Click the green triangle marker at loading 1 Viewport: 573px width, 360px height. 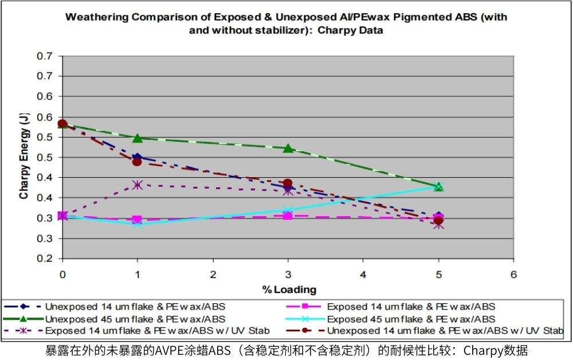[138, 138]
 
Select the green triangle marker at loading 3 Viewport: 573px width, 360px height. [288, 148]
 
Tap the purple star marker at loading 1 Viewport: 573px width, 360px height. [138, 185]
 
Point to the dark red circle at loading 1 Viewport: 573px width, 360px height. [138, 162]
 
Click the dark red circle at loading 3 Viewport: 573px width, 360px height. [288, 183]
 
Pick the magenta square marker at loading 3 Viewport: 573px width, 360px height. [288, 216]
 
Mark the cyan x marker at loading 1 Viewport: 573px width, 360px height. [138, 224]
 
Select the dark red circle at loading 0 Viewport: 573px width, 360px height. [62, 124]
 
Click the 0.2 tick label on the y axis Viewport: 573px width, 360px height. [45, 259]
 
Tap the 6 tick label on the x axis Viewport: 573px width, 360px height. [514, 274]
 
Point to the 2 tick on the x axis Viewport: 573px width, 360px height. [213, 274]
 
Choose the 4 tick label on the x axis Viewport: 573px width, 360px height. [363, 274]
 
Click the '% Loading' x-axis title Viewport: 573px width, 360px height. [289, 289]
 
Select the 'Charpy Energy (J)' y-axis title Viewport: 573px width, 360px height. [24, 156]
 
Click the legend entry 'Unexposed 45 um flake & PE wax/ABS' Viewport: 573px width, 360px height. [135, 319]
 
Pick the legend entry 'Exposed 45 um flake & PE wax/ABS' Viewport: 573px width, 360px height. [410, 319]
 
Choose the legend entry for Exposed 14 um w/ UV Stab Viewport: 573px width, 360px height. [157, 331]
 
